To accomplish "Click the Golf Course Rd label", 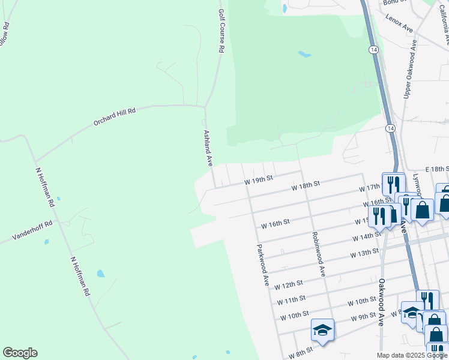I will point(220,31).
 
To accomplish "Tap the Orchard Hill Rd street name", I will point(115,116).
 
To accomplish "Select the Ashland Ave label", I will point(208,148).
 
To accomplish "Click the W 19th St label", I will point(258,179).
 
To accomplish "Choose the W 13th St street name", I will point(365,253).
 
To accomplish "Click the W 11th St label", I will point(292,299).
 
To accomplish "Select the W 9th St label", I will point(363,316).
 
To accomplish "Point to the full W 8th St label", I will point(301,352).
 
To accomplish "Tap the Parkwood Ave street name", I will point(262,264).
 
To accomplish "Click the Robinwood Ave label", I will point(318,254).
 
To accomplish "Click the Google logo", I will point(20,353).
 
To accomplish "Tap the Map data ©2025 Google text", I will point(411,355).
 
